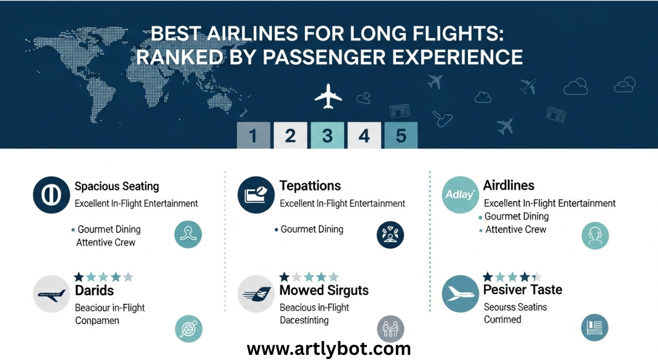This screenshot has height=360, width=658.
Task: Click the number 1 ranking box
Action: pyautogui.click(x=253, y=135)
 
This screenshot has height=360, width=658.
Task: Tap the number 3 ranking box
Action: pyautogui.click(x=327, y=135)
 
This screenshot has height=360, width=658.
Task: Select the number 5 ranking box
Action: pyautogui.click(x=400, y=135)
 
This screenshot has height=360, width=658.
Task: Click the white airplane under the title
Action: pyautogui.click(x=328, y=96)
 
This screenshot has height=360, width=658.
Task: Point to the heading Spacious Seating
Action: pyautogui.click(x=117, y=186)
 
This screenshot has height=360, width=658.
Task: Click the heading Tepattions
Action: pyautogui.click(x=310, y=186)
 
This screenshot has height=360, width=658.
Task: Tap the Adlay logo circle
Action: pyautogui.click(x=461, y=195)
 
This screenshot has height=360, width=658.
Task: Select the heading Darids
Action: pyautogui.click(x=94, y=291)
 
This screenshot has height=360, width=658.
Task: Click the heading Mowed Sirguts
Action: pyautogui.click(x=324, y=291)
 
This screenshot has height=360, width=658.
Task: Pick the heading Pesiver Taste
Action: pyautogui.click(x=522, y=290)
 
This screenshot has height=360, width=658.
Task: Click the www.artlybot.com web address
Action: pyautogui.click(x=329, y=349)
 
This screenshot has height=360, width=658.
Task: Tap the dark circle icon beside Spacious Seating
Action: pyautogui.click(x=51, y=195)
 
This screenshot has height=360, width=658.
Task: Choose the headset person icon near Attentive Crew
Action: pyautogui.click(x=595, y=236)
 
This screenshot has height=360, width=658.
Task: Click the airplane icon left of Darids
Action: pyautogui.click(x=51, y=295)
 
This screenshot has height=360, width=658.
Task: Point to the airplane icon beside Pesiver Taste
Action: pyautogui.click(x=461, y=294)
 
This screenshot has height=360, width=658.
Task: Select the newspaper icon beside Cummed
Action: pyautogui.click(x=595, y=328)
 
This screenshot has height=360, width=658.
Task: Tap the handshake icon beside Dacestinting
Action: pyautogui.click(x=391, y=329)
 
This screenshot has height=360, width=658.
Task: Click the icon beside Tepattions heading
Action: pyautogui.click(x=256, y=195)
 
